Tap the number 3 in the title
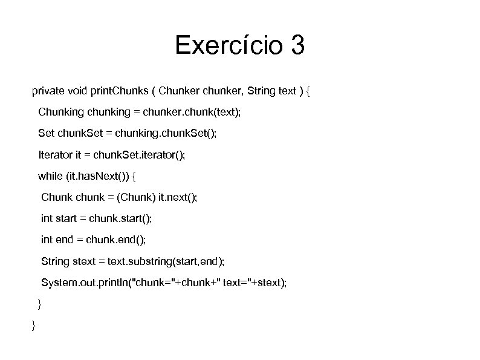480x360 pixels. point(297,45)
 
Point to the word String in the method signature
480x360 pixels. point(261,92)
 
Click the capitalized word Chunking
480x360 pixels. point(62,112)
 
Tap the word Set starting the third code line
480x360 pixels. point(46,133)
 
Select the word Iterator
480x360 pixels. point(55,155)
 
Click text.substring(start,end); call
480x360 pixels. point(166,261)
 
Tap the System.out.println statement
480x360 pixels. point(164,283)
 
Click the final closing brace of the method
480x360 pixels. point(33,326)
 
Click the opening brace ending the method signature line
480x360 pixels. point(308,92)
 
